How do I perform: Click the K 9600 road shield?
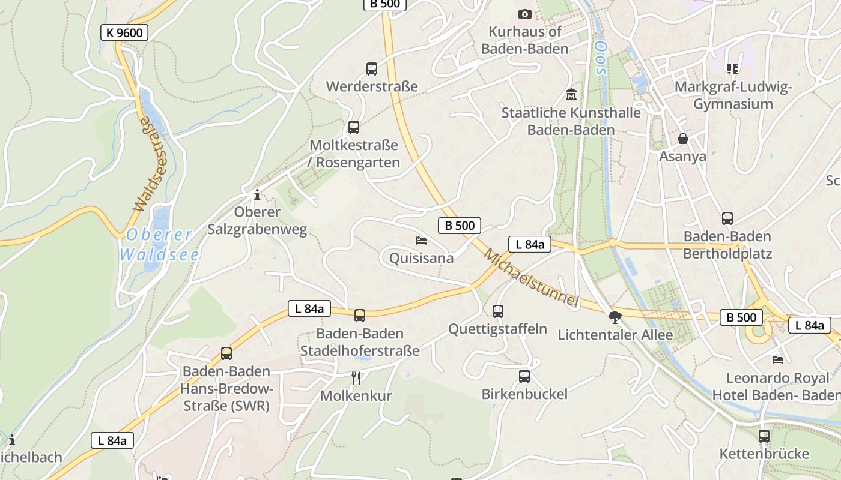[124, 32]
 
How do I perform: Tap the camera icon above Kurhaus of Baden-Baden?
[524, 14]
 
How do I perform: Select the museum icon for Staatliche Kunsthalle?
[571, 94]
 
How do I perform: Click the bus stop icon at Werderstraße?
[372, 69]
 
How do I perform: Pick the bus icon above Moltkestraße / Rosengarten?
[354, 127]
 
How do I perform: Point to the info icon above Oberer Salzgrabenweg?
[257, 194]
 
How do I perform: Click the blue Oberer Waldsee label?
[159, 245]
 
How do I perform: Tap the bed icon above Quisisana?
[421, 241]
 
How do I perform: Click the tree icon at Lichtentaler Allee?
[615, 317]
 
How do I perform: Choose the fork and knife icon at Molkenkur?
[356, 377]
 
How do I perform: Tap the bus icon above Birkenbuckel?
[524, 376]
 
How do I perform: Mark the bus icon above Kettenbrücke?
[764, 436]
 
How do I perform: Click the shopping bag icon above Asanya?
[683, 139]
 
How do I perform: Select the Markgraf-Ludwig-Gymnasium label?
[733, 95]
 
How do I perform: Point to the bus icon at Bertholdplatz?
[727, 218]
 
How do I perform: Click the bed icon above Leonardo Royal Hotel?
[778, 360]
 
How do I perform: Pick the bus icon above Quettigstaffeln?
[498, 311]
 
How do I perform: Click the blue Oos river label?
[599, 57]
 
